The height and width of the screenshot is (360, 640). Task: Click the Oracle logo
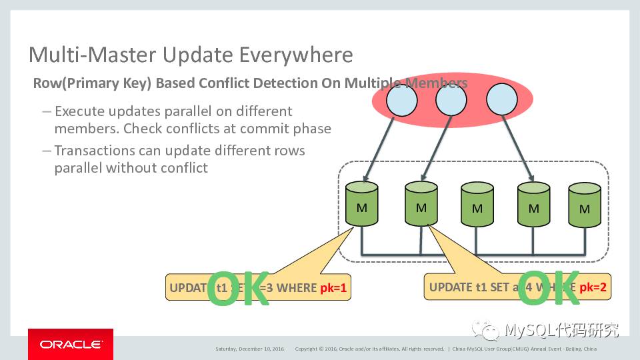pyautogui.click(x=70, y=345)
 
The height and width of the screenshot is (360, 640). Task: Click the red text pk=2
pyautogui.click(x=593, y=287)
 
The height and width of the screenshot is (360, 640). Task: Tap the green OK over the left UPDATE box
pyautogui.click(x=238, y=289)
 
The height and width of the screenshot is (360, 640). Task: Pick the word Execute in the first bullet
pyautogui.click(x=79, y=111)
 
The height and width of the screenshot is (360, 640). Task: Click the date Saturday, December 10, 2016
pyautogui.click(x=249, y=349)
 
